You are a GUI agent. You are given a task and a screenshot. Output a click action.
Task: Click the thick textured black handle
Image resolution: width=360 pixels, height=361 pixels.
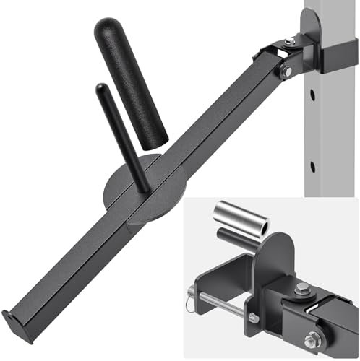132,79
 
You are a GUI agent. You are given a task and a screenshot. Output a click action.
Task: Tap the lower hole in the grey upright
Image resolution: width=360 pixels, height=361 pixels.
312,167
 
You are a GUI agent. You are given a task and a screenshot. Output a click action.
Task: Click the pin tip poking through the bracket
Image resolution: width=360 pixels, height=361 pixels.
254,318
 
